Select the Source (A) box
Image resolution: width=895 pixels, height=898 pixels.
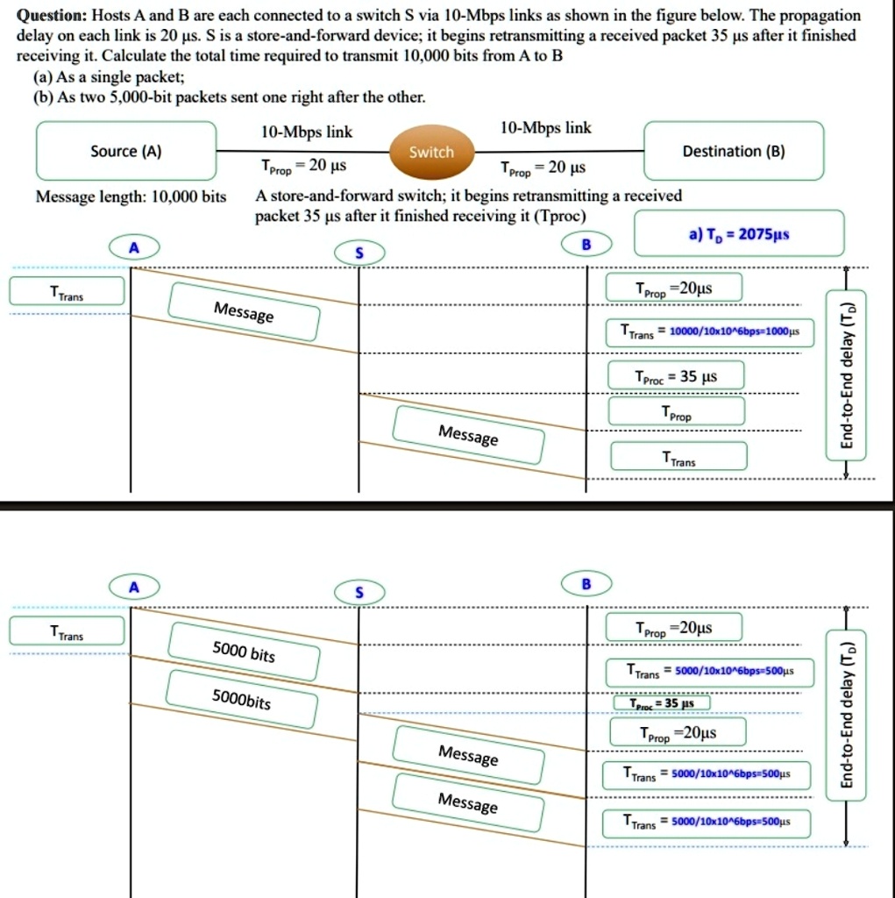coord(125,151)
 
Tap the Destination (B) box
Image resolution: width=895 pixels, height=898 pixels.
coord(734,151)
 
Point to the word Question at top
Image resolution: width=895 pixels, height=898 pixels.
coord(52,16)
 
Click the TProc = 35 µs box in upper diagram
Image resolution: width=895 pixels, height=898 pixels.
coord(676,376)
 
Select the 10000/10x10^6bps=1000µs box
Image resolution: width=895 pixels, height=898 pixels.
coord(711,331)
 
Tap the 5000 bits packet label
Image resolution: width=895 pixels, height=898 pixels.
coord(243,652)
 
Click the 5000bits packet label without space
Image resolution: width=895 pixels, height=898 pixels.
coord(242,701)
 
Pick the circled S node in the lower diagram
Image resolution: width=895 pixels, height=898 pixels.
coord(358,593)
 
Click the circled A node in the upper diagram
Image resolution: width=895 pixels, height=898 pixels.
coord(133,248)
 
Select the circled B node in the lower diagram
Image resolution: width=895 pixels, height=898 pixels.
coord(586,583)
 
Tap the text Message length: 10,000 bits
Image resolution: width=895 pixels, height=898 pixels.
coord(131,196)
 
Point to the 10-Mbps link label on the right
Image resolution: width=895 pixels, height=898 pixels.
coord(544,128)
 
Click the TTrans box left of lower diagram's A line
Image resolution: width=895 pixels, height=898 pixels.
coord(66,633)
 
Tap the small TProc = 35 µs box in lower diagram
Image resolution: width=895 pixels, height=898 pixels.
coord(658,702)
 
